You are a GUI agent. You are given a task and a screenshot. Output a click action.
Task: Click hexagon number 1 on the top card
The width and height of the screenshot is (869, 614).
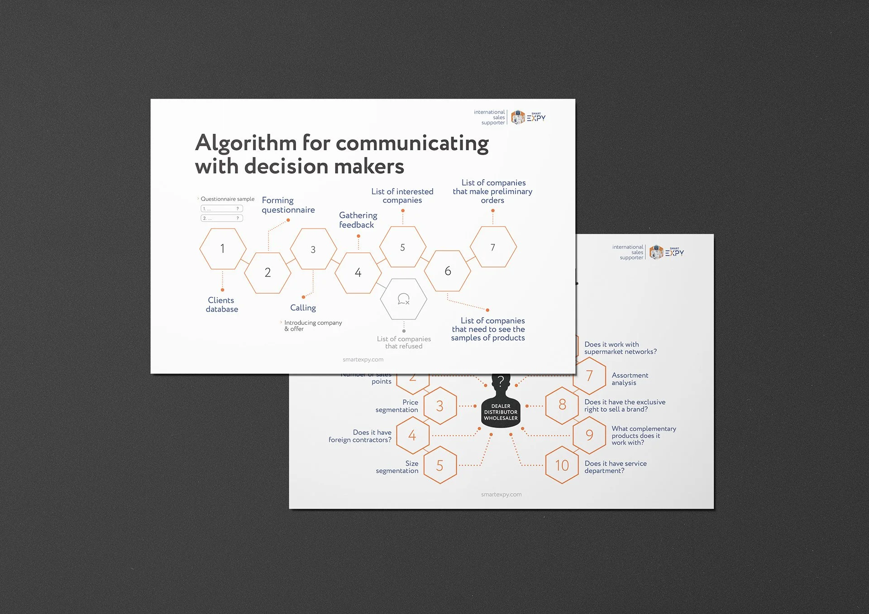pyautogui.click(x=223, y=249)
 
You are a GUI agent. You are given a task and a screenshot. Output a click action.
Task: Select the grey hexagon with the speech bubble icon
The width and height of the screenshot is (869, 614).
pyautogui.click(x=403, y=299)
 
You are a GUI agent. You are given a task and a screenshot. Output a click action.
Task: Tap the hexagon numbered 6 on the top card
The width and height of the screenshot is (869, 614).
pyautogui.click(x=448, y=271)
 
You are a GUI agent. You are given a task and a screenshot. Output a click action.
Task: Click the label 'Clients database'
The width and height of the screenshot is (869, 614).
pyautogui.click(x=222, y=305)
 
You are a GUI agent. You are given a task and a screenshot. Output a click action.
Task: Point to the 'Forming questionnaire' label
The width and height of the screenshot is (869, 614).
pyautogui.click(x=288, y=205)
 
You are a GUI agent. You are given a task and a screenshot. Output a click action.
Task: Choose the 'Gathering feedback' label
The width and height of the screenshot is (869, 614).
pyautogui.click(x=358, y=220)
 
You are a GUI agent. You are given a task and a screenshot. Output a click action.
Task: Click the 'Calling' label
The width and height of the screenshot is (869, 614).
pyautogui.click(x=303, y=308)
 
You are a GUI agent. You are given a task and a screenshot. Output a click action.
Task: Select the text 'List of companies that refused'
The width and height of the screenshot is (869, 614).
pyautogui.click(x=404, y=343)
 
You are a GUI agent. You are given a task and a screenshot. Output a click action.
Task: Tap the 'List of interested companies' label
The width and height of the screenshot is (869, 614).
pyautogui.click(x=402, y=196)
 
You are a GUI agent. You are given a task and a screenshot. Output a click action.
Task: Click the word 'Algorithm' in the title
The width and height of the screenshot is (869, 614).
pyautogui.click(x=246, y=143)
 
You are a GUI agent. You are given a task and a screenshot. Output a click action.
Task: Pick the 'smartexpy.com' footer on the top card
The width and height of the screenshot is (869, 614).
pyautogui.click(x=363, y=360)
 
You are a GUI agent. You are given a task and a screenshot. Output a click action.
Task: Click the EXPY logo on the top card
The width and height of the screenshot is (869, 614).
pyautogui.click(x=528, y=118)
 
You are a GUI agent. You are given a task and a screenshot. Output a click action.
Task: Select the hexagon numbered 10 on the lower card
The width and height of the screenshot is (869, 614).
pyautogui.click(x=562, y=465)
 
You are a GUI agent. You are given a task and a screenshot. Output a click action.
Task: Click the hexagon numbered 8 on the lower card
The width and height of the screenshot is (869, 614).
pyautogui.click(x=562, y=405)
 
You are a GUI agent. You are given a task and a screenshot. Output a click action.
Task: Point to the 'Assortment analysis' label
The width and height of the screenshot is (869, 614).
pyautogui.click(x=630, y=379)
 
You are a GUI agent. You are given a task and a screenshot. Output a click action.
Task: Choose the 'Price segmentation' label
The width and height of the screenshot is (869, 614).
pyautogui.click(x=397, y=406)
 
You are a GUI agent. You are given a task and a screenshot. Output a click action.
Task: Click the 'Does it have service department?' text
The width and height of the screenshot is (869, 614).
pyautogui.click(x=615, y=467)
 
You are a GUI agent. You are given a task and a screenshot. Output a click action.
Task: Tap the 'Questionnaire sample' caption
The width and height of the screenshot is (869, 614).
pyautogui.click(x=227, y=199)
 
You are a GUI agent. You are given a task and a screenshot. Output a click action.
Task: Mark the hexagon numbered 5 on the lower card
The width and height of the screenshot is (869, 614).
pyautogui.click(x=439, y=466)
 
